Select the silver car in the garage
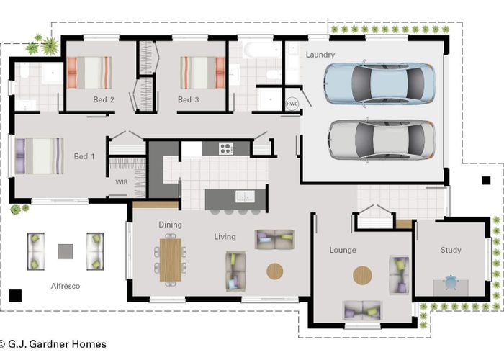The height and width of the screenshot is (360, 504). point(381,139)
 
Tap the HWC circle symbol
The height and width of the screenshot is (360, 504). point(292,103)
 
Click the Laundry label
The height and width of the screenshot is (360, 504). point(320,55)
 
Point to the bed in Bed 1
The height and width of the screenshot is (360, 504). point(40,156)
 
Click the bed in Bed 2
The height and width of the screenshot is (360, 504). point(89,72)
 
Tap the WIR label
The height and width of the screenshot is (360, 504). point(121,182)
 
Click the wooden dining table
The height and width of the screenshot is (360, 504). point(171,258)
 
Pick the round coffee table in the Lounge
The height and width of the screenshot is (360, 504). point(362,275)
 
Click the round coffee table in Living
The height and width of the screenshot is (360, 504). point(275,271)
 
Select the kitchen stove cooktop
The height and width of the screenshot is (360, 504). point(226,149)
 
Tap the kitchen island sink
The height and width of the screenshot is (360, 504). point(245,196)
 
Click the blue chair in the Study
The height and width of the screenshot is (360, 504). point(451,282)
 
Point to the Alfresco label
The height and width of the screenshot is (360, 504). point(65,286)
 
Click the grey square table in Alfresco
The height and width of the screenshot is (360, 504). point(66,251)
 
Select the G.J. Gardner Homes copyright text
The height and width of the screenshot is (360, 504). point(53,344)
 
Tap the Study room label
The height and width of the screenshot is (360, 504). point(451,250)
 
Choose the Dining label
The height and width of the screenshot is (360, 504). point(170,225)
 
